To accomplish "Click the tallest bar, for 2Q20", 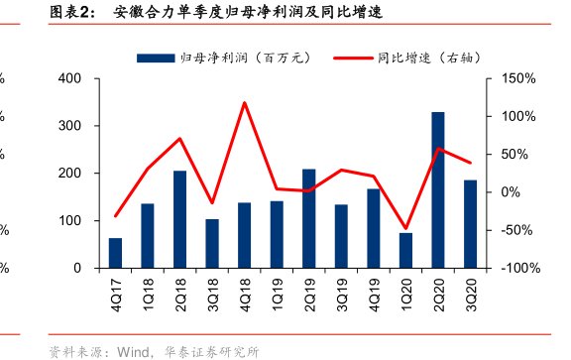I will click(x=437, y=190).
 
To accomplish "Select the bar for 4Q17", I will click(x=116, y=253).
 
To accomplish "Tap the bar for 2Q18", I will click(x=179, y=219).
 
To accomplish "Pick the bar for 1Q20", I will click(x=405, y=250).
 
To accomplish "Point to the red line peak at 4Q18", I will click(x=244, y=103).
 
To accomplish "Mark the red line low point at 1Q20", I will click(x=405, y=228).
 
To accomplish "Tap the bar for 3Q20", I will click(x=470, y=224).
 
